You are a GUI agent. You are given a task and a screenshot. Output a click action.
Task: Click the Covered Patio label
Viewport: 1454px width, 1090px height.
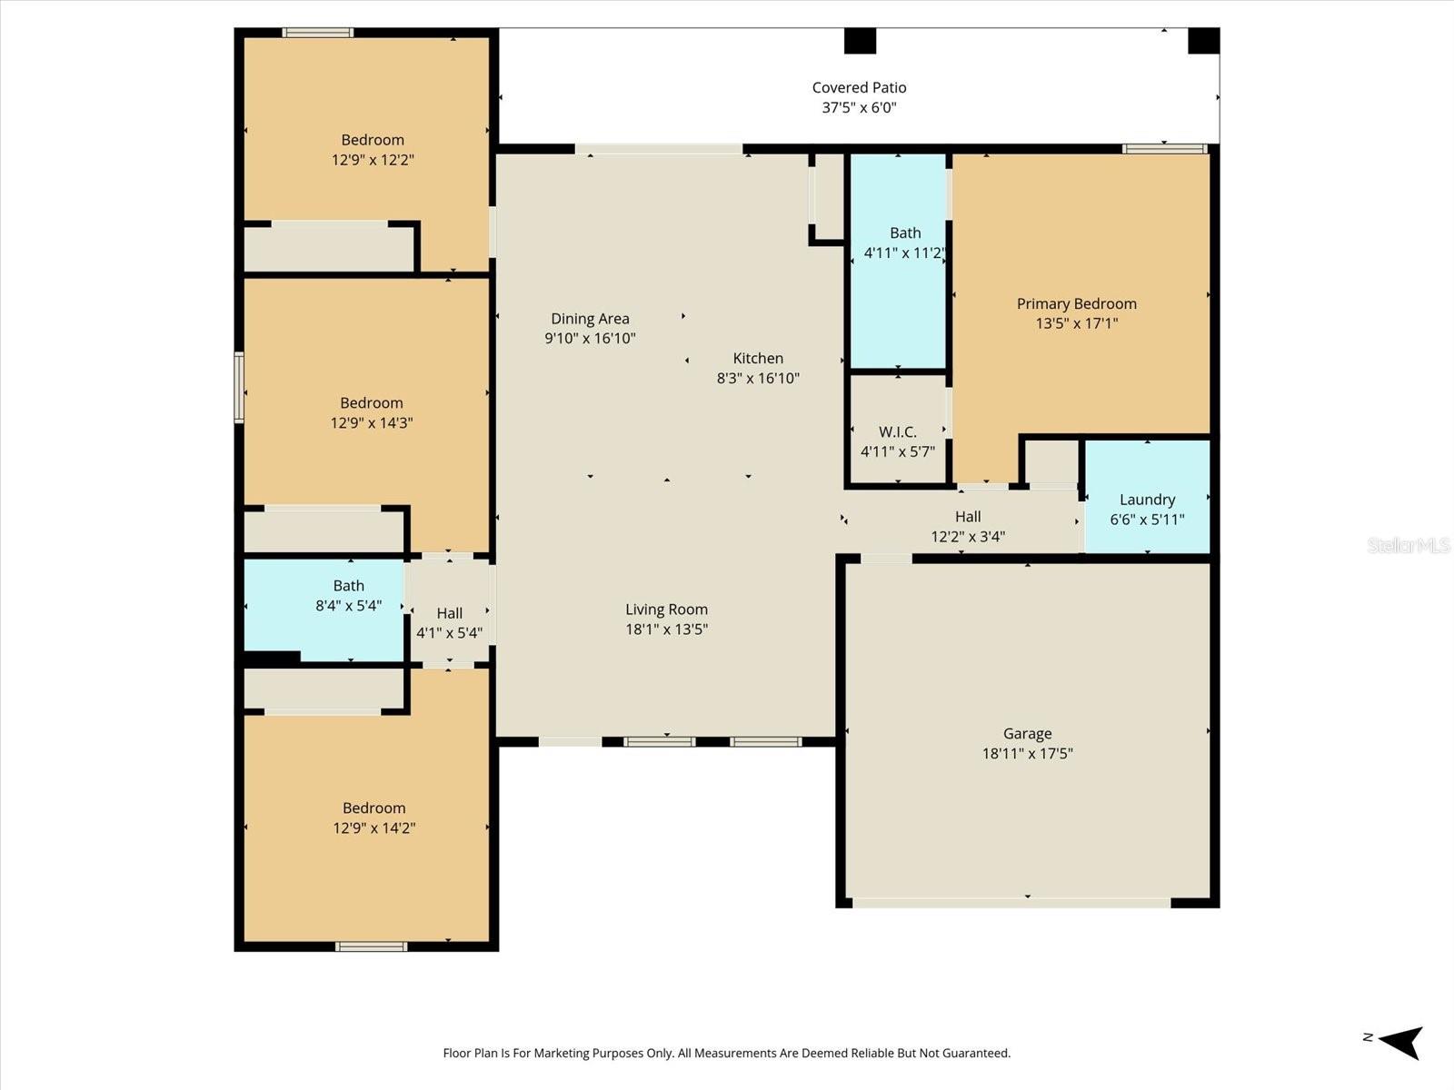coord(859,87)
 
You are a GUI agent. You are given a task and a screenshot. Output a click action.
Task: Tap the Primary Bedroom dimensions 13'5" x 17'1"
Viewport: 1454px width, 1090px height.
coord(1077,323)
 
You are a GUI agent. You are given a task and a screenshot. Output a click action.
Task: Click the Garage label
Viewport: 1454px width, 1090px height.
coord(1027,733)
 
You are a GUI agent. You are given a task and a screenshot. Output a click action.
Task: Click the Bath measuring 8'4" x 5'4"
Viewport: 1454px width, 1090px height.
coord(348,596)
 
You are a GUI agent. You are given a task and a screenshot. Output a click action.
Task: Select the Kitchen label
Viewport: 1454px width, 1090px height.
coord(758,358)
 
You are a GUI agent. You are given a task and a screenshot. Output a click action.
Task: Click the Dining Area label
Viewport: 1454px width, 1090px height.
coord(590,318)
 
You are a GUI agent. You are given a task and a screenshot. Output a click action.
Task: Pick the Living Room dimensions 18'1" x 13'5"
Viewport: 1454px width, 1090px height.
coord(666,629)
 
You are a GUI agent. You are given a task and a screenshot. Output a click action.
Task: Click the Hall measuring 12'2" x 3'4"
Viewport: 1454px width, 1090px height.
coord(967,526)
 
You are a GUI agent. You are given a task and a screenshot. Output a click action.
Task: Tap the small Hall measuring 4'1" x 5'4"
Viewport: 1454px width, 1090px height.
coord(449,622)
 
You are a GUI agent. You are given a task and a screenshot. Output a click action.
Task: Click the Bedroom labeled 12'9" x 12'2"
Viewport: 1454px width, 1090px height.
coord(373,150)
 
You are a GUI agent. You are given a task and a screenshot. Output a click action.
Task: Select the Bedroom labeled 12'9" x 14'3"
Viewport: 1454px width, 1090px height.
coord(372,412)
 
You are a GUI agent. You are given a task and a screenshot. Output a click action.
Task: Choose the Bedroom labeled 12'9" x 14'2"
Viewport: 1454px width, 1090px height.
coord(373,817)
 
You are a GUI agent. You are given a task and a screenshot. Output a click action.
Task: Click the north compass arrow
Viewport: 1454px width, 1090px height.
coord(1400,1041)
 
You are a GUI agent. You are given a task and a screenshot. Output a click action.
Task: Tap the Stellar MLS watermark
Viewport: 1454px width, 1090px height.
coord(1408,545)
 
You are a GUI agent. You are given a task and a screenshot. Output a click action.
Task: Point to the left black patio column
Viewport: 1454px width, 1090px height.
coord(860,41)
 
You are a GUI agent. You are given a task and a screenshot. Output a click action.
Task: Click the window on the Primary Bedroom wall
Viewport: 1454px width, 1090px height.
coord(1164,149)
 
